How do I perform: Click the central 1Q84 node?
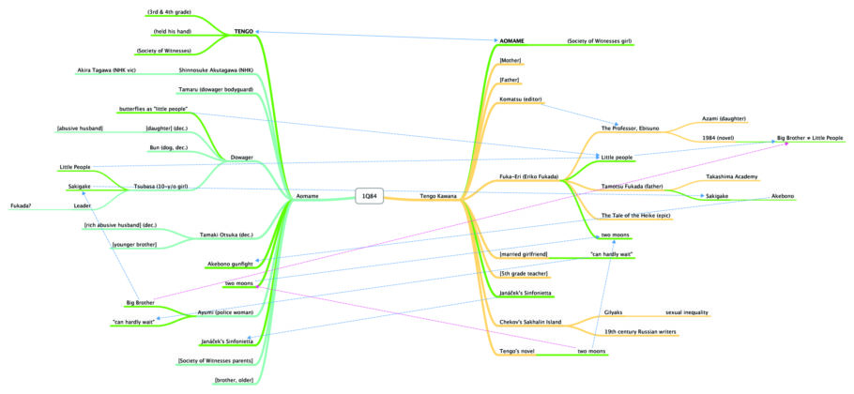pos(371,196)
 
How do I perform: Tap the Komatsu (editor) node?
pos(522,99)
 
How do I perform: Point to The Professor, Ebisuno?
pos(632,128)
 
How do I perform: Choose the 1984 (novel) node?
pos(719,138)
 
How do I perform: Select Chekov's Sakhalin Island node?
pos(530,323)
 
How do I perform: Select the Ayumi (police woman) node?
pos(225,311)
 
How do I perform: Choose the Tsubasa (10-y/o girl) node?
pos(160,187)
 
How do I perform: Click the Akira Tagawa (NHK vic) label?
pos(105,69)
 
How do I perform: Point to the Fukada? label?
pos(21,205)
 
